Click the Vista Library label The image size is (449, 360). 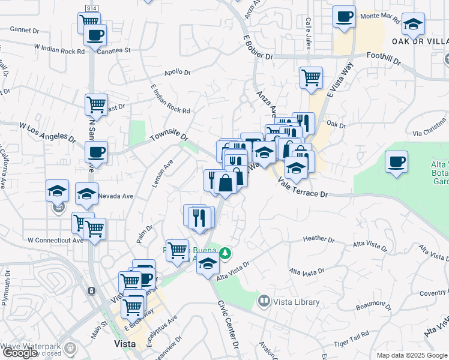296,301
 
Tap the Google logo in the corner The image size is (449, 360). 20,353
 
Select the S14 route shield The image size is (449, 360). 91,8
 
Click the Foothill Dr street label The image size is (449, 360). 384,56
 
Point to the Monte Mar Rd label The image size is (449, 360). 379,18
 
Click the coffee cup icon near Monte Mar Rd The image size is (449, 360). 345,17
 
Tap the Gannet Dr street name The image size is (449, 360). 24,29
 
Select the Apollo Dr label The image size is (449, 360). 178,73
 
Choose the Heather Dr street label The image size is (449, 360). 318,239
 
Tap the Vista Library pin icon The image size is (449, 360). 264,300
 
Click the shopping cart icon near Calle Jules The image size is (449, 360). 311,77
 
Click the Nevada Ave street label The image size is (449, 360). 116,196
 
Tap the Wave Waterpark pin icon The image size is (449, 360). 71,347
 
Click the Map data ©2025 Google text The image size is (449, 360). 411,355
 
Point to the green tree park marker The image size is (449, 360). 225,253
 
